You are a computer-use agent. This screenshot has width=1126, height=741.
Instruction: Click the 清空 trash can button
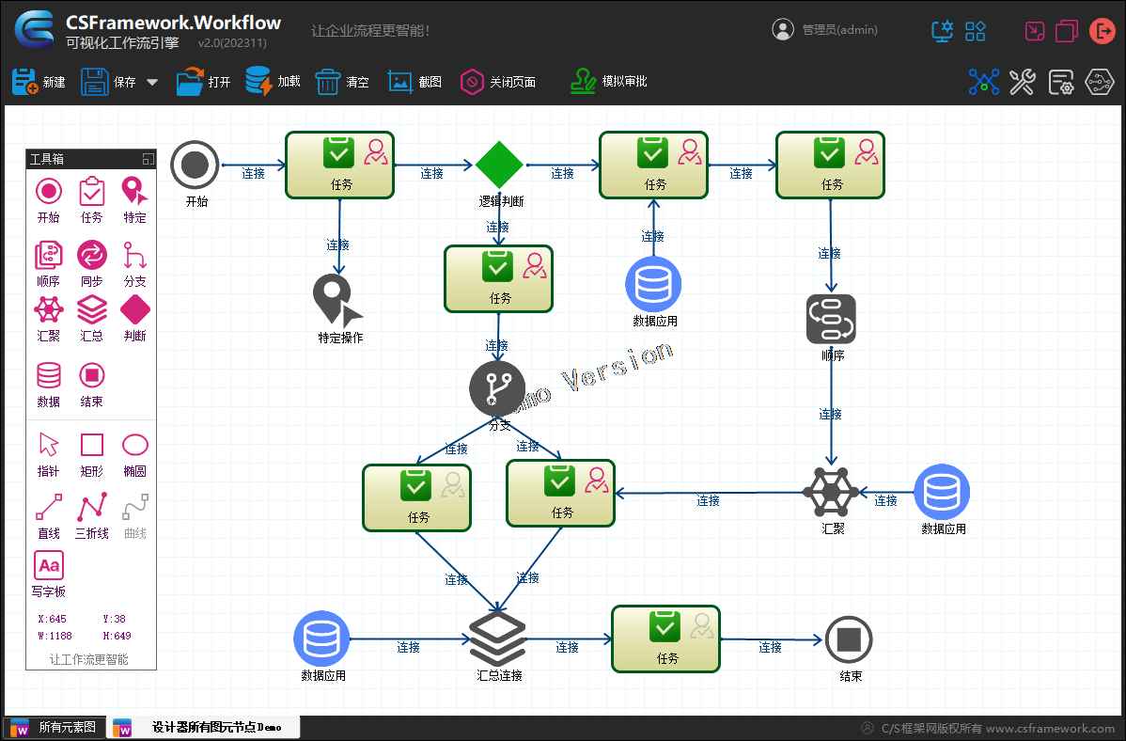point(341,82)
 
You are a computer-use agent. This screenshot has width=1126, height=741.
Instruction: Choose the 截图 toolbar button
point(414,82)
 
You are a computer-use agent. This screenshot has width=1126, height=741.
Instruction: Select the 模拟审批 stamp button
point(608,82)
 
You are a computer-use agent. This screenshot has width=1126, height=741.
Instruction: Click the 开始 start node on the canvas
point(195,166)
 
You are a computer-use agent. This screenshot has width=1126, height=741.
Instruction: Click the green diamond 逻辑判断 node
point(499,165)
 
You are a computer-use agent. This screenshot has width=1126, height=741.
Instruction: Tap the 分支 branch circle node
point(497,388)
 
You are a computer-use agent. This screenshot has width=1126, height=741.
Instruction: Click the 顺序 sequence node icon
point(831,320)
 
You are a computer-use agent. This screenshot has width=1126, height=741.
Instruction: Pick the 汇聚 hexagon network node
point(832,491)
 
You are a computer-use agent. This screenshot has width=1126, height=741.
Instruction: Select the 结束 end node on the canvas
point(849,640)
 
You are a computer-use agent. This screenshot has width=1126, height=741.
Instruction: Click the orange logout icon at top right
point(1102,31)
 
